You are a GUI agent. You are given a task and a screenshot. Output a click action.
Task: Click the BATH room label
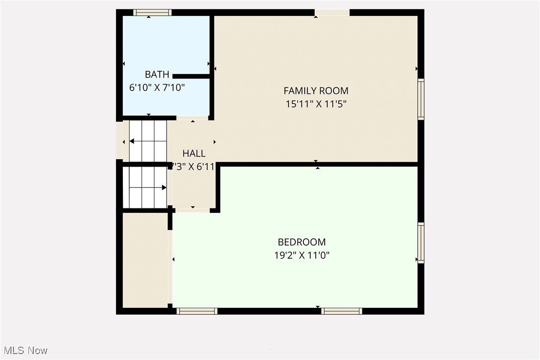(x=157, y=75)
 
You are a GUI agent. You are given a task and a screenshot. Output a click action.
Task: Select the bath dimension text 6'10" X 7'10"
(x=157, y=88)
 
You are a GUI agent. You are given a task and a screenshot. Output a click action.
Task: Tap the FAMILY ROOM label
(x=316, y=90)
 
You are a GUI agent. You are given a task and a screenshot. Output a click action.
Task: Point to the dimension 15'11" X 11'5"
(x=316, y=104)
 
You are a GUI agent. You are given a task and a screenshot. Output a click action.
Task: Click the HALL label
(x=193, y=154)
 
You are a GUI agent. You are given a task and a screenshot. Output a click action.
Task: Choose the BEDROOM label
(x=301, y=242)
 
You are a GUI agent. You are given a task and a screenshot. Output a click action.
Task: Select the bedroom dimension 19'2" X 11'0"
(x=301, y=256)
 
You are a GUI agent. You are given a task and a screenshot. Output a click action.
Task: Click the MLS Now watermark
(x=24, y=351)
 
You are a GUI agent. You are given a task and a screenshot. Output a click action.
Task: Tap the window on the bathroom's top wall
(x=152, y=12)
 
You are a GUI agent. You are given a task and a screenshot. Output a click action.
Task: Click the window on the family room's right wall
(x=421, y=99)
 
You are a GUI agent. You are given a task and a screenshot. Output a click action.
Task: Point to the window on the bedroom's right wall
(x=421, y=243)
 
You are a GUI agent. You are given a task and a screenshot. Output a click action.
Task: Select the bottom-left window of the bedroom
(x=197, y=311)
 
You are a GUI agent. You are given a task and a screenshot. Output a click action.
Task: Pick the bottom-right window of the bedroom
(x=341, y=311)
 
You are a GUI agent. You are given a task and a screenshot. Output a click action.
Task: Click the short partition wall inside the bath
(x=191, y=76)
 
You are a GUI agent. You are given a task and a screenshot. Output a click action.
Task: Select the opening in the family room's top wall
(x=332, y=12)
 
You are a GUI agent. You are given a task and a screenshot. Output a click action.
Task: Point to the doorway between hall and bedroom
(x=192, y=210)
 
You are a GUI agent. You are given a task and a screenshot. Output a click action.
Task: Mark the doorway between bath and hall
(x=192, y=118)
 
